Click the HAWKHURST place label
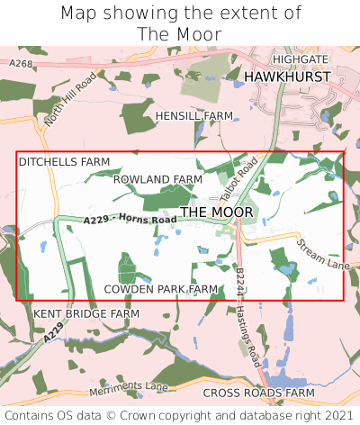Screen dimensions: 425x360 287,77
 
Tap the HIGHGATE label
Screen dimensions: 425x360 300,59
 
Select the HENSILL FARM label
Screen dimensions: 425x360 193,116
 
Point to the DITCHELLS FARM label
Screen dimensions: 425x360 64,162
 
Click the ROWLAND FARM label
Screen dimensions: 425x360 157,180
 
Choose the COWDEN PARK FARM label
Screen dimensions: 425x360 162,289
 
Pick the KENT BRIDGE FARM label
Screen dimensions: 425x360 86,313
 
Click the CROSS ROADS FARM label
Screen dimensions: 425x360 258,393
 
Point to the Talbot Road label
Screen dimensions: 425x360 238,175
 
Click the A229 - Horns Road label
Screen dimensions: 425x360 130,219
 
